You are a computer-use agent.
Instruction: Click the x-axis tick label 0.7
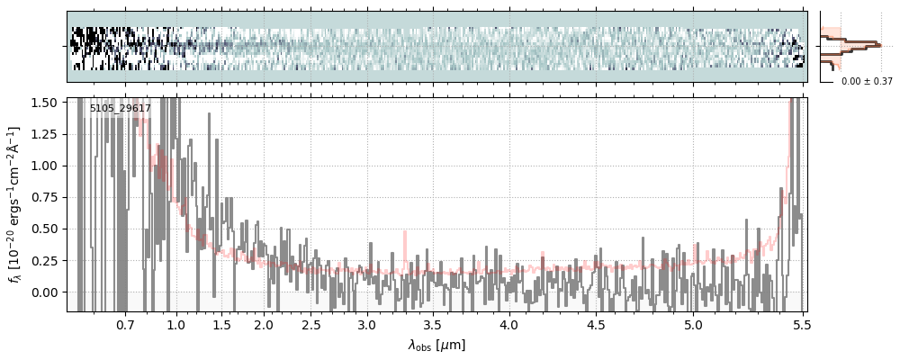pyautogui.click(x=125, y=324)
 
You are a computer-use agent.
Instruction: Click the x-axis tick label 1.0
pyautogui.click(x=176, y=324)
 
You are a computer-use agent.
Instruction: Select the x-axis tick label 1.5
pyautogui.click(x=221, y=324)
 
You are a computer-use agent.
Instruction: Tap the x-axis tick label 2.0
pyautogui.click(x=264, y=324)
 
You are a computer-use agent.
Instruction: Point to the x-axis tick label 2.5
pyautogui.click(x=311, y=324)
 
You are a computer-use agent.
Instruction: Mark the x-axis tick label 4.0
pyautogui.click(x=509, y=324)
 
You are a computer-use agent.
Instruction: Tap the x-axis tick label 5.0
pyautogui.click(x=693, y=324)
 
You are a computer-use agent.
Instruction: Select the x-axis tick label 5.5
pyautogui.click(x=797, y=324)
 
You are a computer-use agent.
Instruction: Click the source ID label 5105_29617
pyautogui.click(x=120, y=109)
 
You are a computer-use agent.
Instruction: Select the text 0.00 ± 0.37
pyautogui.click(x=867, y=81)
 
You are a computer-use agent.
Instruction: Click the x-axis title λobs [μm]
pyautogui.click(x=436, y=344)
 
